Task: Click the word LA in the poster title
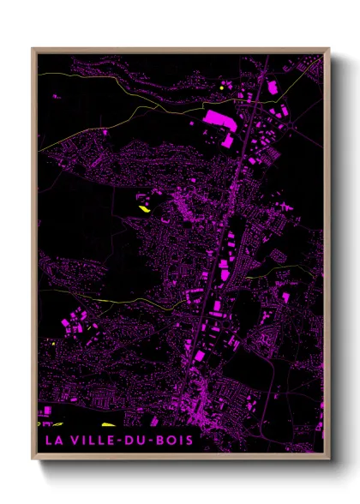[x=52, y=441]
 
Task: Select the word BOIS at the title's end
[x=174, y=441]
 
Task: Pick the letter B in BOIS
[x=159, y=441]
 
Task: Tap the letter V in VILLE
[x=72, y=441]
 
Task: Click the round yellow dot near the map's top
[x=221, y=87]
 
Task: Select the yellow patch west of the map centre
[x=143, y=206]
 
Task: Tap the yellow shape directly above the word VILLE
[x=109, y=424]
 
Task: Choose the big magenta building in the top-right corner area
[x=273, y=87]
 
